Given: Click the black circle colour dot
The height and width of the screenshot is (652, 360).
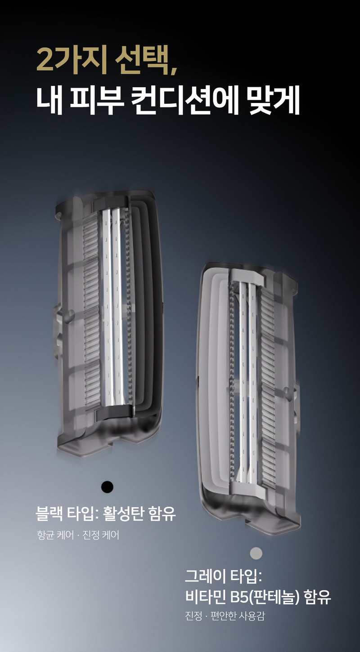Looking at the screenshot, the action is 107,487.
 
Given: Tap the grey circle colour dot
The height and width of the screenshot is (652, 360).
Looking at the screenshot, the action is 256,553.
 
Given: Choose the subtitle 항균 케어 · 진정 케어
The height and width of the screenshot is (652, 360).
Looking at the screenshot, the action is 78,535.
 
